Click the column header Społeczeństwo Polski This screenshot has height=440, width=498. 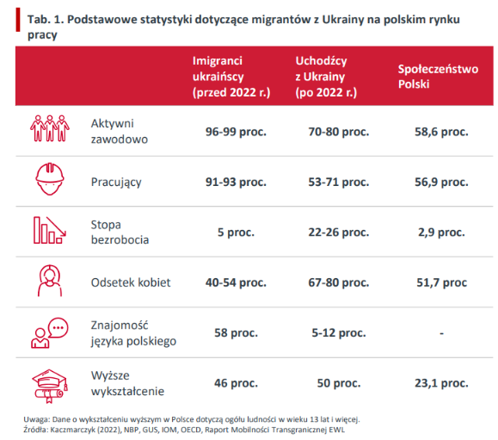pyautogui.click(x=438, y=77)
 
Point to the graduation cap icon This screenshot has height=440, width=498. pyautogui.click(x=48, y=382)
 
